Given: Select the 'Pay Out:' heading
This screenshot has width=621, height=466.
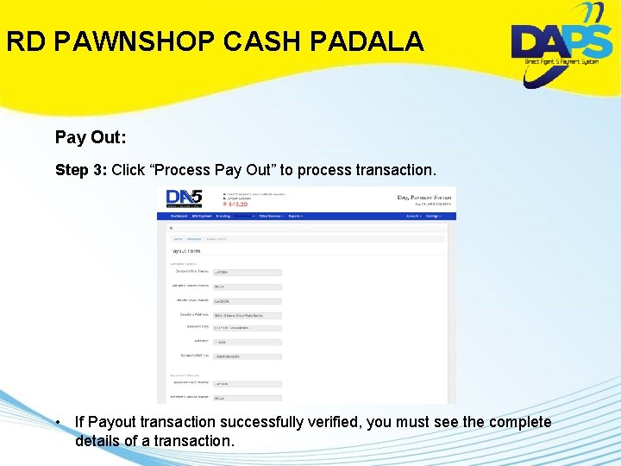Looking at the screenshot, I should pos(91,137).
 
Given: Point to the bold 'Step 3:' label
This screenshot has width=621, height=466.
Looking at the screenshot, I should pos(81,170).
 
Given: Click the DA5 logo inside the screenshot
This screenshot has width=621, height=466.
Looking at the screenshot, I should pos(184,198).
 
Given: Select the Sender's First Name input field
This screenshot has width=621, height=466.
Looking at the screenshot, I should pos(247,273).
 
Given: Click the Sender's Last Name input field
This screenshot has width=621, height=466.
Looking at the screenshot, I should pos(247,301).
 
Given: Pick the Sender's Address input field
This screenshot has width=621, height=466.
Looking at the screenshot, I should pos(247,316).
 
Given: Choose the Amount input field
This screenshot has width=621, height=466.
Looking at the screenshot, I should pos(247,343).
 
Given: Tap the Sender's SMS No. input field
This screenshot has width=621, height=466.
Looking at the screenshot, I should pos(247,356).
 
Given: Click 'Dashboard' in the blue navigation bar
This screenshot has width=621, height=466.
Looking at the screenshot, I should pos(179,216).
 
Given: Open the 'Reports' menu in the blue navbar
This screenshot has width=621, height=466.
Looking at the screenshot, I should pos(294,216).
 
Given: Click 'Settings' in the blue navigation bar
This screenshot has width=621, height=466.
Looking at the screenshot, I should pos(433,216).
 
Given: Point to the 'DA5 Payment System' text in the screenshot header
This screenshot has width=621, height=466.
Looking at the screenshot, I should pos(423,198).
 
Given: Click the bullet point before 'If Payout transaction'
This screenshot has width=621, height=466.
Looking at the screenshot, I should pos(55,422).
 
